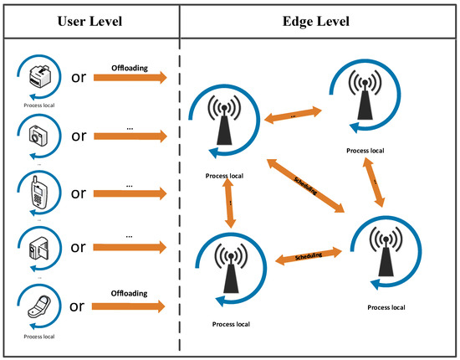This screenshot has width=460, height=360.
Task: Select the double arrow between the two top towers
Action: pos(292,118)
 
